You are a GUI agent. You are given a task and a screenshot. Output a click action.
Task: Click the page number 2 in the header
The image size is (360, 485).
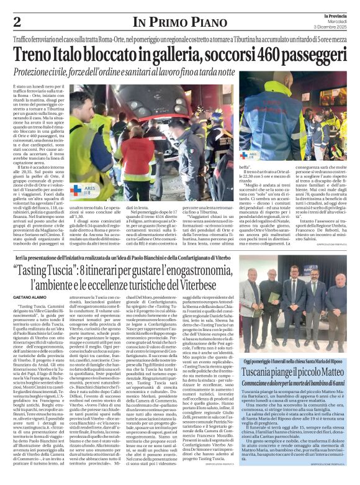pyautogui.click(x=17, y=22)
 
